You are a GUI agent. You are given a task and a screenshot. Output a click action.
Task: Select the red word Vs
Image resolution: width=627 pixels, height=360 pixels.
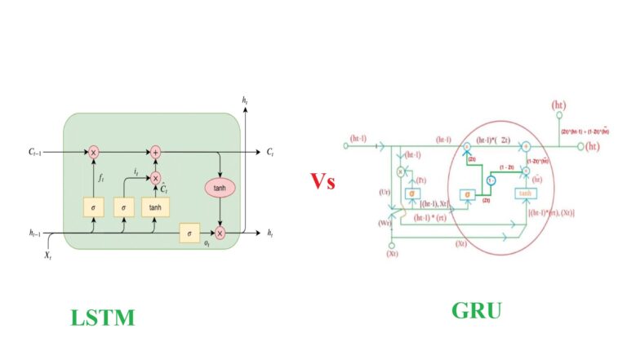point(322,181)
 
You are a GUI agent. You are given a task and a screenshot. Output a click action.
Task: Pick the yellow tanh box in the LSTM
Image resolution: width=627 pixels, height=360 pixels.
point(154,208)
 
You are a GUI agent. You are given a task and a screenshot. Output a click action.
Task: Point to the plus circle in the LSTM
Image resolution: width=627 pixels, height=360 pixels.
point(154,152)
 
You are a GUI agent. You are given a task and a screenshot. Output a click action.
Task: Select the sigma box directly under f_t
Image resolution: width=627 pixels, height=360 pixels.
point(94,208)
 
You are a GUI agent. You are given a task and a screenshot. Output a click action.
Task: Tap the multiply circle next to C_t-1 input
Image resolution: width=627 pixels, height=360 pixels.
point(94,153)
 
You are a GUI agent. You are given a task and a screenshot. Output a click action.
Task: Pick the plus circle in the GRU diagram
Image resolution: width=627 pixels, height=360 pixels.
point(527,147)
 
